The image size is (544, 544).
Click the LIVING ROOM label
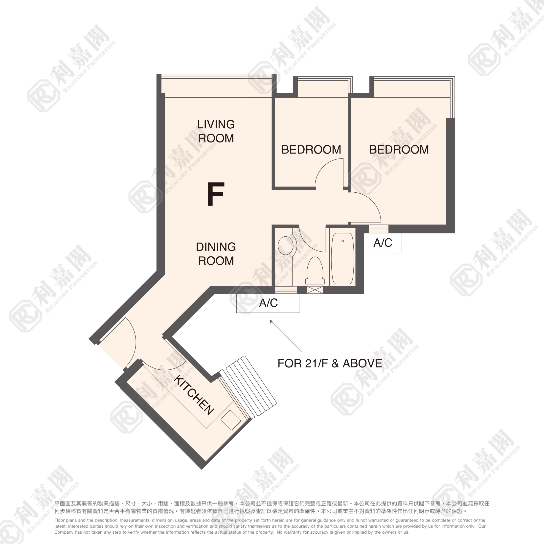coord(216,131)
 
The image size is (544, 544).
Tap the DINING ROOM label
coord(216,254)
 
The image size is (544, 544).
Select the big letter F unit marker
coord(216,194)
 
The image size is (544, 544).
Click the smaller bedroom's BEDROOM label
coord(311,150)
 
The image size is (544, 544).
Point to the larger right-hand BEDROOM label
coord(399,150)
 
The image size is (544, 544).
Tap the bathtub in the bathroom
coord(342,258)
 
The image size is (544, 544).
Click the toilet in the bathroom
coord(315,271)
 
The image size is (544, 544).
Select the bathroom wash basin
coord(286,246)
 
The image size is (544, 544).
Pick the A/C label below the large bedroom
coord(383,243)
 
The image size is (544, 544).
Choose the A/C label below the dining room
coord(268,303)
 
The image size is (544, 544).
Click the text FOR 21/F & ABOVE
coord(330,363)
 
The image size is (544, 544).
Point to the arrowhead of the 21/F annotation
coord(270,321)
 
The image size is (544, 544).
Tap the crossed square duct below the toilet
coord(315,290)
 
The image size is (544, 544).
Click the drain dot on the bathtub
coord(343,241)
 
